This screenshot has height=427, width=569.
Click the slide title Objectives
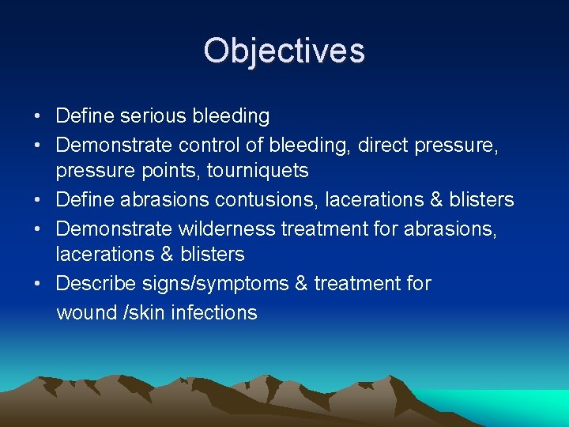tap(284, 51)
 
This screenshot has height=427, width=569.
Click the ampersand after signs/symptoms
tap(301, 283)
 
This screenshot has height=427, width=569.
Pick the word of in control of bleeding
tap(255, 145)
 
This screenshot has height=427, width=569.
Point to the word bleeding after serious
tap(230, 116)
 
